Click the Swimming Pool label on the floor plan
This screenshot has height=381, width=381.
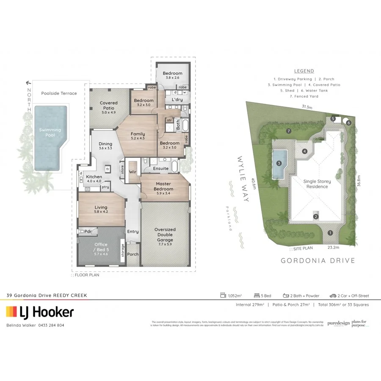point(50,133)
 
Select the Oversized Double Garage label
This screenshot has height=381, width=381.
point(165,235)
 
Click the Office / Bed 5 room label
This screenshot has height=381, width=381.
point(101,247)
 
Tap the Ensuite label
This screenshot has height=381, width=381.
point(161,168)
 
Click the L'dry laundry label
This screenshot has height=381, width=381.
point(177,99)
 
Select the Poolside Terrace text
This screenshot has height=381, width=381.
point(59,93)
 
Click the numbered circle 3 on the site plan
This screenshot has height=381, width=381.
point(279,163)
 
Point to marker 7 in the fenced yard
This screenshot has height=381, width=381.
point(288,131)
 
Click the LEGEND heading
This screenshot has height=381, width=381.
point(304,71)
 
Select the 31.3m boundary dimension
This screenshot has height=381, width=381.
point(307,107)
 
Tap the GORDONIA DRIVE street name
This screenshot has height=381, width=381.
point(318,261)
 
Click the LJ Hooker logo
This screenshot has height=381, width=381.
point(40,312)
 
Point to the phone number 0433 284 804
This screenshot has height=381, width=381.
point(51,325)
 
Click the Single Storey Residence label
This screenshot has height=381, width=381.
point(317,184)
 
